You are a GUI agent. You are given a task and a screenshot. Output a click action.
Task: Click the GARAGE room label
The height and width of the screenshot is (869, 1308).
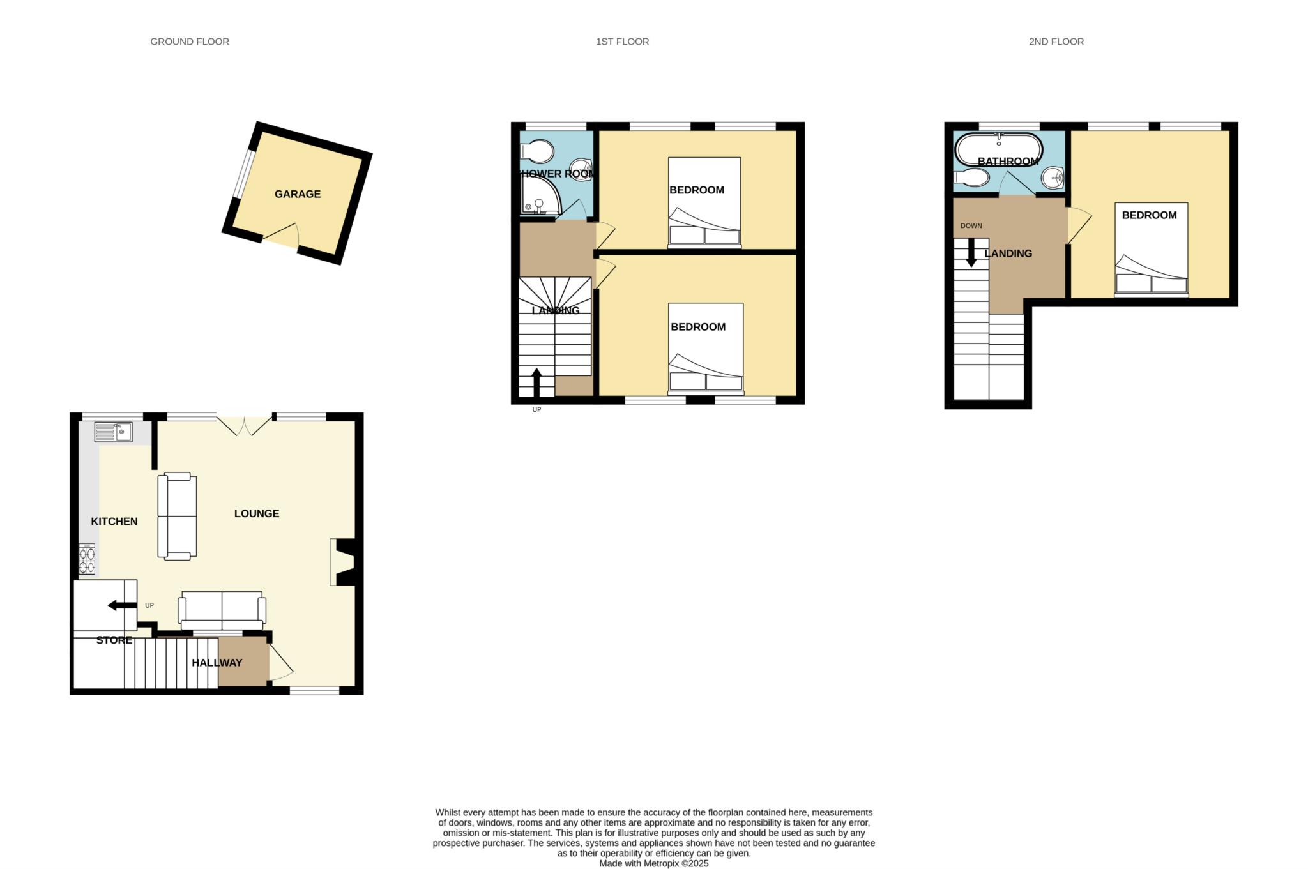297,194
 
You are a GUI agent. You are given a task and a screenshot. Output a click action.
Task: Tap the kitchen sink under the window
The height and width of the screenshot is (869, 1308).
113,432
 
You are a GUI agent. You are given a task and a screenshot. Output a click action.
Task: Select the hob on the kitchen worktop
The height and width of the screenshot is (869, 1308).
87,559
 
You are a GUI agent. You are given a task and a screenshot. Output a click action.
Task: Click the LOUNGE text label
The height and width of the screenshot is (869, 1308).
256,513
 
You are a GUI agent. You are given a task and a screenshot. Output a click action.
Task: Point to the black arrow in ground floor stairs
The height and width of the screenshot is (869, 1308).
121,605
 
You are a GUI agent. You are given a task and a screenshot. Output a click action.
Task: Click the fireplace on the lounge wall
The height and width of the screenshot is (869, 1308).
345,562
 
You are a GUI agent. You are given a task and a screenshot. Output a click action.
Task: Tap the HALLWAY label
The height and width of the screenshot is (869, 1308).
217,663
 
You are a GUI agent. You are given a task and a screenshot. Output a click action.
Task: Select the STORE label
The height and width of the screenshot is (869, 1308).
114,640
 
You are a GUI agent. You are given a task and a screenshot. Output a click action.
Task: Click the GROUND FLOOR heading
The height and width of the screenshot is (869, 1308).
190,42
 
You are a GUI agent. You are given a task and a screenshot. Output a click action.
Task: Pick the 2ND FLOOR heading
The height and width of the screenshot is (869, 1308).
1056,42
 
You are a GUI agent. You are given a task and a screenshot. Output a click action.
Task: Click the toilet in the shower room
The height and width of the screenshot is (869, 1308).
538,152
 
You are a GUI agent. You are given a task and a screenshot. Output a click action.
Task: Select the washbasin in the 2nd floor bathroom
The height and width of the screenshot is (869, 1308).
1052,177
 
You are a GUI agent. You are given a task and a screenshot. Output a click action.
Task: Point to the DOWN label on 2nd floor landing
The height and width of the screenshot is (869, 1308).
971,226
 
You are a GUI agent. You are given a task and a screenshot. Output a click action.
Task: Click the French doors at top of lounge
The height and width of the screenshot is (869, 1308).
244,425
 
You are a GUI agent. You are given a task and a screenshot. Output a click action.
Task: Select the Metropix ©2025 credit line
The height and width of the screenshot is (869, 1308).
653,863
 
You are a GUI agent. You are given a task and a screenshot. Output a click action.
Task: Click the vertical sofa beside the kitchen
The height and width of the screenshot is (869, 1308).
177,516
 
